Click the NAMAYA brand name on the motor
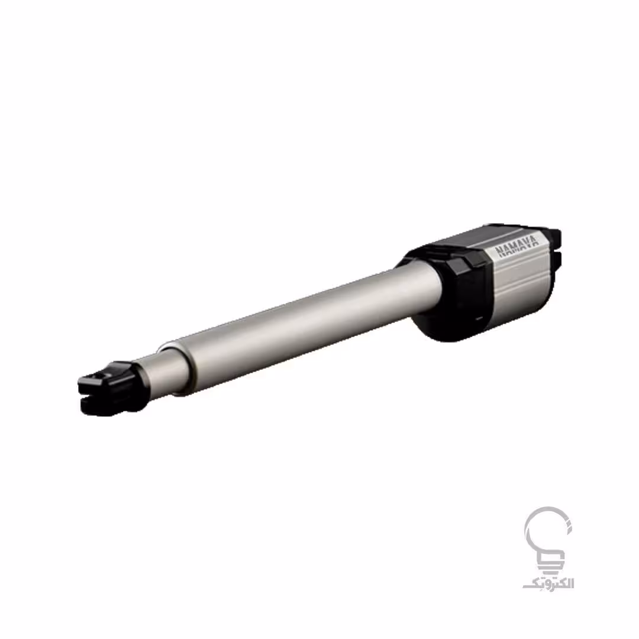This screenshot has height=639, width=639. pyautogui.click(x=517, y=246)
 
